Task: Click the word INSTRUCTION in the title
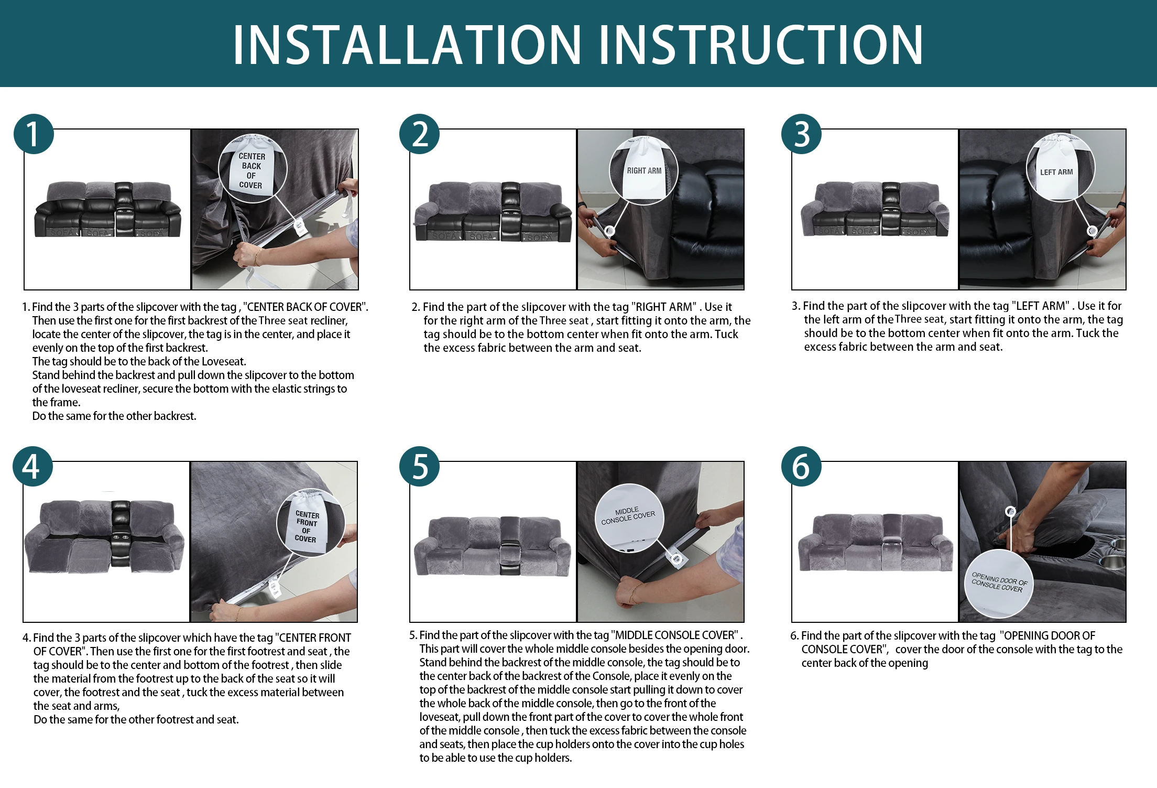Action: point(761,45)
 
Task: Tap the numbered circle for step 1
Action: point(34,134)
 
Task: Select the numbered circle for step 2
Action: point(419,134)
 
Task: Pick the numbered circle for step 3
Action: point(801,134)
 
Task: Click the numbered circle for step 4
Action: point(32,466)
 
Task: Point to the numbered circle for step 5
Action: point(419,466)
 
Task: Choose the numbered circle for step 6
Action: point(801,466)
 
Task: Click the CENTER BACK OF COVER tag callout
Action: point(253,168)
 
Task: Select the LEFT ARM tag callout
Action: point(1061,166)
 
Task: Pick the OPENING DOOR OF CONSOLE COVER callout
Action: point(999,584)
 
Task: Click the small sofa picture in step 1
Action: point(107,210)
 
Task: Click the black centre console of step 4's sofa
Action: point(121,530)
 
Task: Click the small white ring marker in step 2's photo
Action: point(609,231)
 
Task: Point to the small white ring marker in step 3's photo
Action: point(1093,231)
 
